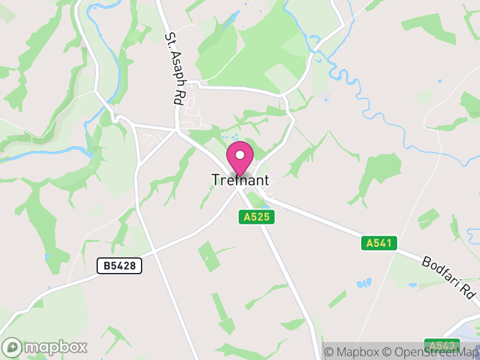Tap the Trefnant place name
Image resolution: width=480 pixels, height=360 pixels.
(240, 180)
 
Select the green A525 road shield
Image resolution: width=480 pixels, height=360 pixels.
(257, 217)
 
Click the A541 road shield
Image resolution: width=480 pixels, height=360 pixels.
(379, 243)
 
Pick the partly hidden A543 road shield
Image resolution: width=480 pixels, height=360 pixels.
(442, 346)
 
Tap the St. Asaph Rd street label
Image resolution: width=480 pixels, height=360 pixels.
(173, 68)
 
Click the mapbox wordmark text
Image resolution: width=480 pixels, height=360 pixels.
(56, 347)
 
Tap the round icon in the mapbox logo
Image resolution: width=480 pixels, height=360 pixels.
(13, 347)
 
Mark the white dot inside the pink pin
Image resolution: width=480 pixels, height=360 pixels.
(240, 154)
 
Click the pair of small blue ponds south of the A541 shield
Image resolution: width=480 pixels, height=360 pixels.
(364, 283)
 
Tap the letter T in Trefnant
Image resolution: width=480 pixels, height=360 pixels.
(216, 180)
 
